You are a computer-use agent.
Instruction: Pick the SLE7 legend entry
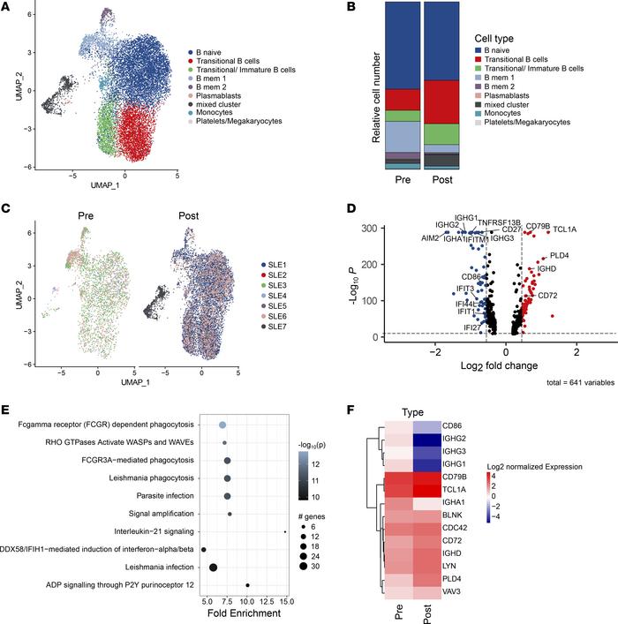coord(283,325)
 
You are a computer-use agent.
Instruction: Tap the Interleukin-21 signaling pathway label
coord(138,531)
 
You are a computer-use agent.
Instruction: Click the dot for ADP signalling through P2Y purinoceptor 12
coord(248,584)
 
